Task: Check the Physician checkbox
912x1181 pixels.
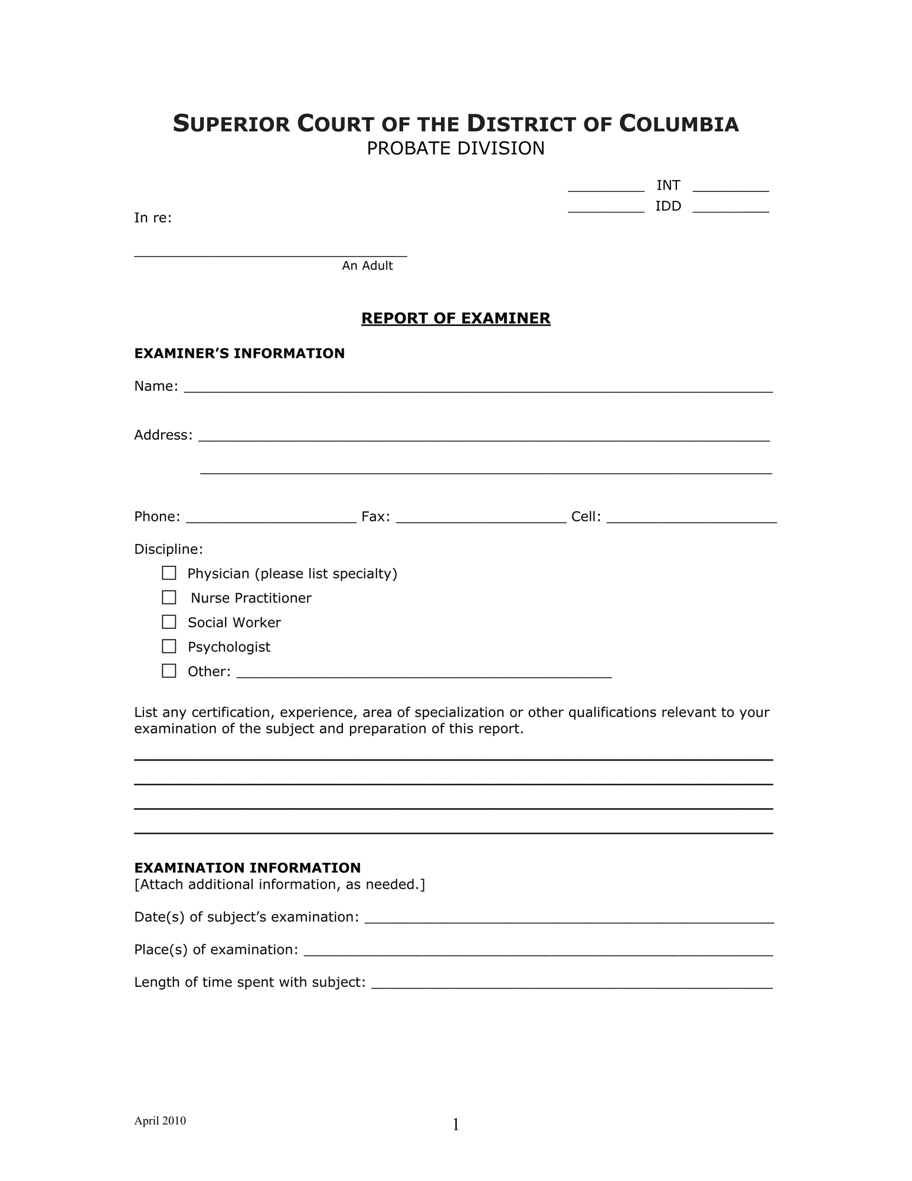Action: coord(169,573)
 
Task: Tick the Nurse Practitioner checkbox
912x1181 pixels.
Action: coord(169,598)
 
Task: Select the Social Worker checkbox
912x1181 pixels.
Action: coord(169,622)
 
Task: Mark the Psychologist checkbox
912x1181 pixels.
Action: coord(169,646)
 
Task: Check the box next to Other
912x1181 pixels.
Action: coord(169,671)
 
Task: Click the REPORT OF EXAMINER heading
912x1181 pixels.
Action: coord(456,318)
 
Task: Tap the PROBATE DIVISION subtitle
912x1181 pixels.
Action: coord(456,148)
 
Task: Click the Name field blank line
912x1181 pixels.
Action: coord(478,387)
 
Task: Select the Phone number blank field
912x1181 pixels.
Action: coord(271,518)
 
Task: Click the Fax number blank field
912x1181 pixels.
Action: coord(480,518)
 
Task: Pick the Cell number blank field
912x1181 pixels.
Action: coord(691,518)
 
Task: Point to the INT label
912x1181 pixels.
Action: coord(668,185)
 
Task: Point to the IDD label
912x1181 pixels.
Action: coord(668,206)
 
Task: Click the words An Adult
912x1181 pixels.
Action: coord(367,266)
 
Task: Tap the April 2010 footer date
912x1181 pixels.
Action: coord(160,1121)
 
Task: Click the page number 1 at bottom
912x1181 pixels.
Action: coord(456,1125)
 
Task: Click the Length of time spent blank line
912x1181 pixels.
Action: coord(571,983)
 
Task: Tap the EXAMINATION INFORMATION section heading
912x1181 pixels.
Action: coord(247,867)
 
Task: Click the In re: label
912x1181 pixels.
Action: coord(153,218)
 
